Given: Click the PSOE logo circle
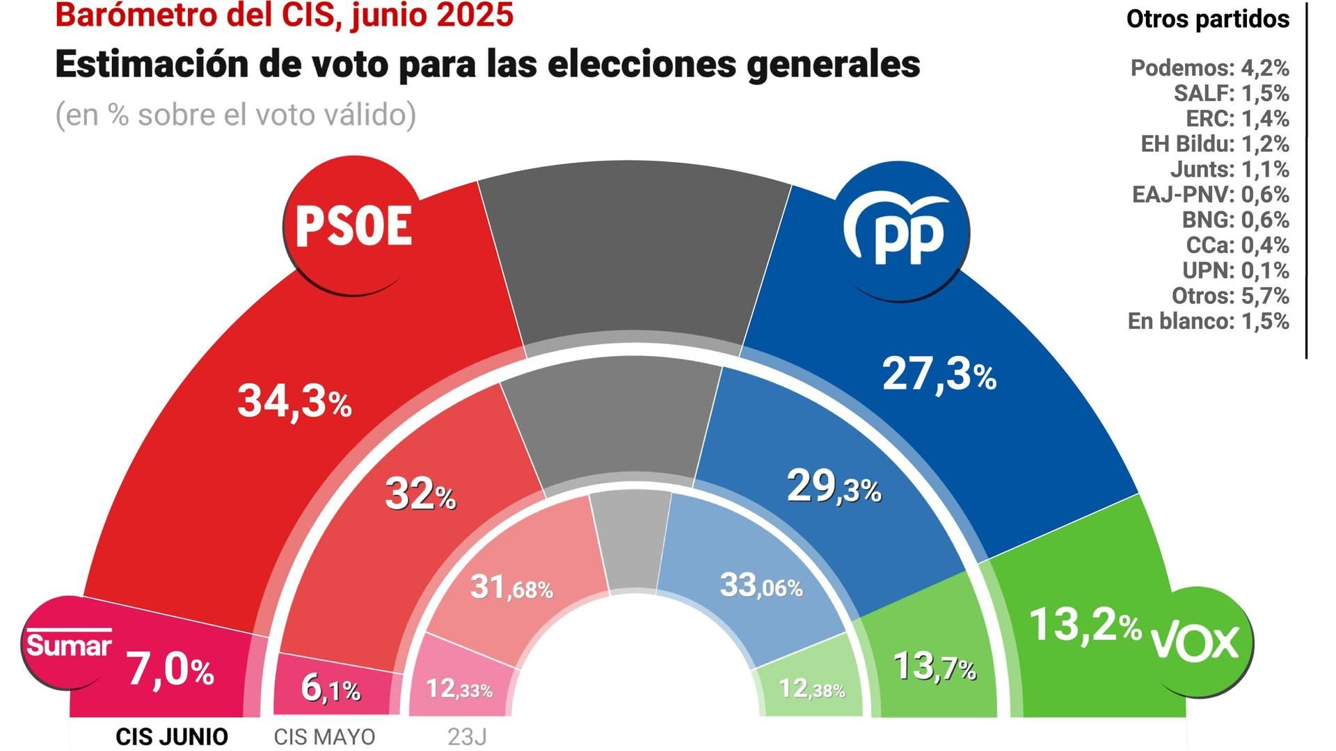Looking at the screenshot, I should pos(353,226).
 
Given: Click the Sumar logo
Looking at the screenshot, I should pos(68,643).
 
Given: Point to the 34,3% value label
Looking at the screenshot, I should pos(294,401).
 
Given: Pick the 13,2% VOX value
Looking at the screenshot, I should pos(1084,624).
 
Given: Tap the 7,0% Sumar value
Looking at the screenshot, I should pos(170,671).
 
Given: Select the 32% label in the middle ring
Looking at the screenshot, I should pos(420,494).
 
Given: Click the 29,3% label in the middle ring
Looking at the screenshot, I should pos(834,487).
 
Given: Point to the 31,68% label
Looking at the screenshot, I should pos(511,588).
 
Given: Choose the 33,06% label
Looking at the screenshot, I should pos(761,586).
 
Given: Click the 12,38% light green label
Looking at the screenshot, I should pos(811,689).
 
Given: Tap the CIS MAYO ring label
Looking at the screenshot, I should pos(324,736).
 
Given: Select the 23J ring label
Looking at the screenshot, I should pos(467,736).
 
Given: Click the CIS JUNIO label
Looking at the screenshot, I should pos(171,736).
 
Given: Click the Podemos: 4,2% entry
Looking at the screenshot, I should pos(1209,68).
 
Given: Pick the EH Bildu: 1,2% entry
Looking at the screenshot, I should pos(1214,144).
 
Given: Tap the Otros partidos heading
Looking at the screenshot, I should pos(1207,19).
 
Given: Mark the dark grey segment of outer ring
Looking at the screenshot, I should pos(634,250).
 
